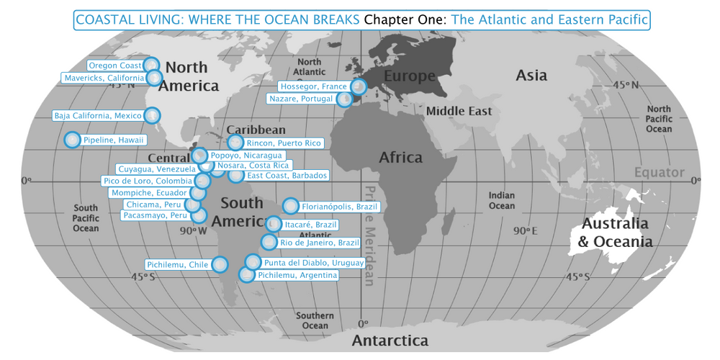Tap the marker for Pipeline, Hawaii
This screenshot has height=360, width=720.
coord(72,140)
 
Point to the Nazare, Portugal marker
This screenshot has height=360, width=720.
coord(346,99)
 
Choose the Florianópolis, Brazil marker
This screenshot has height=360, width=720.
coord(290,207)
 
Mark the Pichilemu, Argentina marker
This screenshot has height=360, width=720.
coord(246,275)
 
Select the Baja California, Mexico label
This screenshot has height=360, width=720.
coord(98,116)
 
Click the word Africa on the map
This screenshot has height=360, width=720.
coord(400,157)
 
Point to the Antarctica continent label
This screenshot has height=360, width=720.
coord(389,341)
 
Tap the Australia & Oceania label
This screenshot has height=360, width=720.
coord(616,233)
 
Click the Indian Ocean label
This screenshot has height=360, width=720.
coord(502,201)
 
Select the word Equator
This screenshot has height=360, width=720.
coord(659,173)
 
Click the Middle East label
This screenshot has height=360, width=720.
coord(459,111)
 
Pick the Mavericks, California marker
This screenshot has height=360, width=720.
coord(154,78)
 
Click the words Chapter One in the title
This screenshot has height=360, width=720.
coord(405,19)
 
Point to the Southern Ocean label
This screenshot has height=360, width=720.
coord(315,320)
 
